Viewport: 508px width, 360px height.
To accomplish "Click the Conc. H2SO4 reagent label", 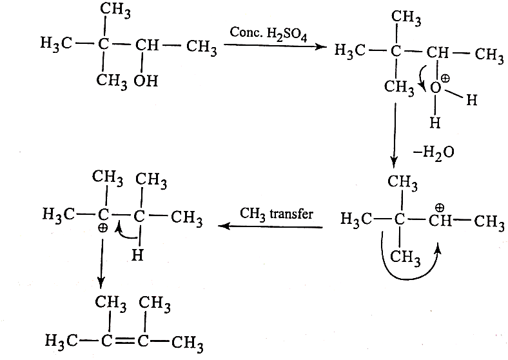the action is pos(268,34).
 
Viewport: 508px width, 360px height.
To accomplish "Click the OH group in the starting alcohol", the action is pos(146,81).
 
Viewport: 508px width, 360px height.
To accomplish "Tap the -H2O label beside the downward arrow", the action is pos(434,152).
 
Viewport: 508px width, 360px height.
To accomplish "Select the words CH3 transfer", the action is pos(277,214).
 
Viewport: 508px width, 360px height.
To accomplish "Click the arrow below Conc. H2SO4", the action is pos(275,46).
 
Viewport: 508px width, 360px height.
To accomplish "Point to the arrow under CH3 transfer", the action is pos(270,226).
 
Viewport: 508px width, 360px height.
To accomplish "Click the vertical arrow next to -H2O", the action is pos(395,135).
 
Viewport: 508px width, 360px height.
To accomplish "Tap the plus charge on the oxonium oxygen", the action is pos(445,78).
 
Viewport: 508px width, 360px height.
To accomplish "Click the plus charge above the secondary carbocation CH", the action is pos(440,208).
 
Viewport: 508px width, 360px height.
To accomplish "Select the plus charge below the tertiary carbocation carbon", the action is pos(103,228).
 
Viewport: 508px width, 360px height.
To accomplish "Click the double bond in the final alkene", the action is pos(124,340).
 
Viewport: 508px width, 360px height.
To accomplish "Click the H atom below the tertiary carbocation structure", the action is pos(137,255).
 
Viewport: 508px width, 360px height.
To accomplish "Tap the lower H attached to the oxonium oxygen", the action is pos(435,123).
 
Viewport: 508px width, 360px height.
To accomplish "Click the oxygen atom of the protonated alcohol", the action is pos(435,88).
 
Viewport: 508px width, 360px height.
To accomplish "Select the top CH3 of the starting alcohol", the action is pos(115,10).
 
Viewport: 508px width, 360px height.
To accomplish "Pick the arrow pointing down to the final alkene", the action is pos(101,264).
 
